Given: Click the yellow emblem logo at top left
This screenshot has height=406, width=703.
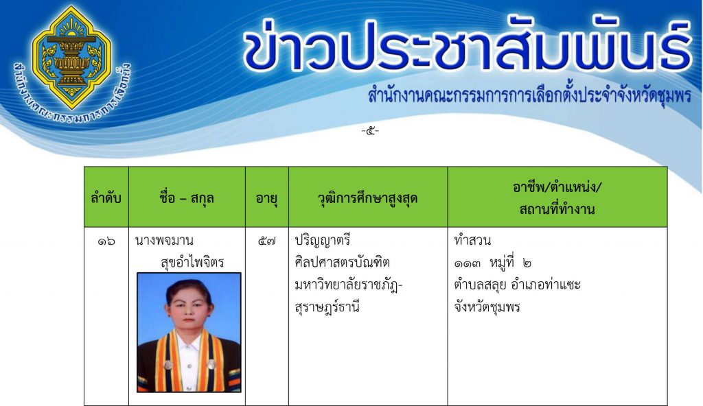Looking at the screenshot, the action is (x=71, y=58).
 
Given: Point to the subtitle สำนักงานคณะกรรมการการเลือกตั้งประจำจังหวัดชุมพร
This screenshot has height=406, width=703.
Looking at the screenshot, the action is (x=529, y=95).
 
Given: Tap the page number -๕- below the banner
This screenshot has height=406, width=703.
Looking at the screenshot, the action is (x=370, y=131).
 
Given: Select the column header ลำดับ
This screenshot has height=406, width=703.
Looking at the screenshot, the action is (x=106, y=198).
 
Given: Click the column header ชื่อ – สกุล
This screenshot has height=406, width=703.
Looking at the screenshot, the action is (x=187, y=198).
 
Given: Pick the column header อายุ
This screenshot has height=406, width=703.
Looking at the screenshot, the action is (x=266, y=198).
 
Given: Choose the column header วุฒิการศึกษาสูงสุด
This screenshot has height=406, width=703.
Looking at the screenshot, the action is (x=368, y=198).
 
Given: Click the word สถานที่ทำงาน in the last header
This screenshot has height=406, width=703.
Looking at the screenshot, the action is (x=557, y=209).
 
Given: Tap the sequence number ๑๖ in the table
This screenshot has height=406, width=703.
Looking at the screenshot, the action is (x=106, y=241).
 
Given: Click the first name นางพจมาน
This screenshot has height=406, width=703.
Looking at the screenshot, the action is (x=164, y=241).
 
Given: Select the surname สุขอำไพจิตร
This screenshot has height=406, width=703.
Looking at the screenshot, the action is (x=192, y=262).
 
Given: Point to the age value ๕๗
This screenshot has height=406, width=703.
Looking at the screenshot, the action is (x=267, y=241).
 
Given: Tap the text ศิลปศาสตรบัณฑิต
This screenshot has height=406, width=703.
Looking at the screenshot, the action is (x=342, y=263).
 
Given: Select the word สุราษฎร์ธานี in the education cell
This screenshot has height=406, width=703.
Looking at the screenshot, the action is (x=327, y=308).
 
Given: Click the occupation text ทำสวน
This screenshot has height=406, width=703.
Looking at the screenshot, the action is (x=472, y=241).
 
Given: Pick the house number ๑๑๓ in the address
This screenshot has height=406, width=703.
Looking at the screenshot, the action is (x=467, y=263).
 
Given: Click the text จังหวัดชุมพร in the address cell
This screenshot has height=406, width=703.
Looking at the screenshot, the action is (x=487, y=308).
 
